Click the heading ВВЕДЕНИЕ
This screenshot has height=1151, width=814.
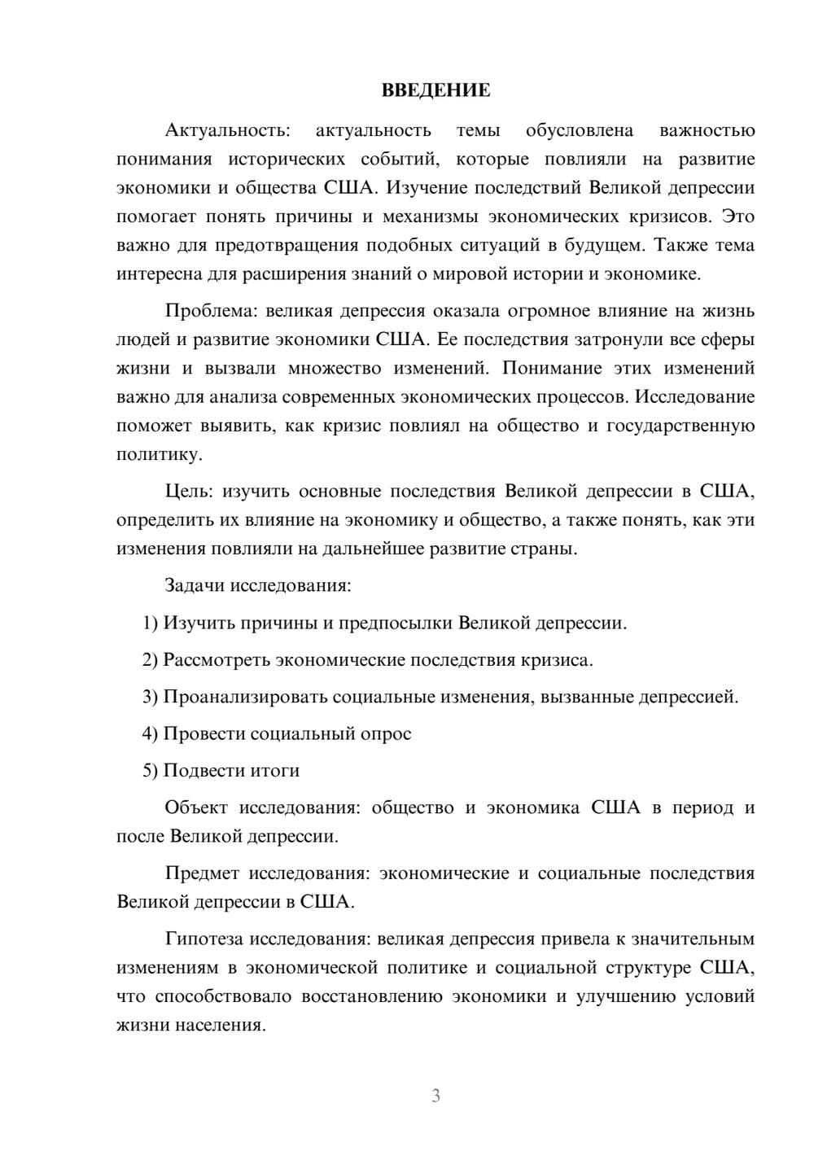pyautogui.click(x=435, y=90)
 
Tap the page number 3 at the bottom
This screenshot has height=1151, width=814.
pyautogui.click(x=435, y=1096)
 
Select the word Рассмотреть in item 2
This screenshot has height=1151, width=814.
pyautogui.click(x=217, y=659)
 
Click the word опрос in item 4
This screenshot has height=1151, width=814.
pyautogui.click(x=385, y=733)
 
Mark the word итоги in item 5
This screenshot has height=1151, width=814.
pyautogui.click(x=274, y=770)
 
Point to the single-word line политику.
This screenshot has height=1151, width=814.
pyautogui.click(x=159, y=454)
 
